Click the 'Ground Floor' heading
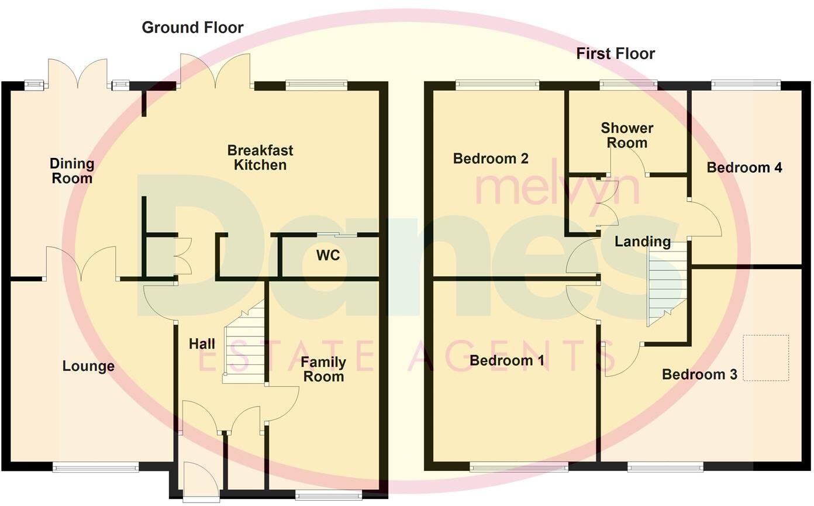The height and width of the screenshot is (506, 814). [x=192, y=27]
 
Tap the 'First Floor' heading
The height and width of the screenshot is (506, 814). [x=615, y=54]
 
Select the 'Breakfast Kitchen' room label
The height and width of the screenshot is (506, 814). [x=260, y=157]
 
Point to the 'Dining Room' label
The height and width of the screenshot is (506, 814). [x=72, y=171]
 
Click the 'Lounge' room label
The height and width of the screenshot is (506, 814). [x=88, y=367]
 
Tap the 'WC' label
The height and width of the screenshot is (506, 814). [x=327, y=256]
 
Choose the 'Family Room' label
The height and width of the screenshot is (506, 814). [x=323, y=370]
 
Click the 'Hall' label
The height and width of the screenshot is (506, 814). [x=202, y=345]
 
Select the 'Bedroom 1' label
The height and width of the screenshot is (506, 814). [x=506, y=361]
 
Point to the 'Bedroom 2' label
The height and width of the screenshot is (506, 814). [x=491, y=159]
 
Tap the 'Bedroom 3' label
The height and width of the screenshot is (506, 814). [x=699, y=374]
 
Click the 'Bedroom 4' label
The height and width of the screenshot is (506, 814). [x=744, y=168]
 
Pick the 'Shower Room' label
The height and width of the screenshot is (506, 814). [x=627, y=135]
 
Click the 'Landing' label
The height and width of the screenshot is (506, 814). [x=642, y=242]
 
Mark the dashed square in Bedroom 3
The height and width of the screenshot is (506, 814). [x=765, y=357]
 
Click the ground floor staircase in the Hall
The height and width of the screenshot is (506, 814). [x=244, y=345]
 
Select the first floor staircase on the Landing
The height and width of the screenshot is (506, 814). [x=665, y=284]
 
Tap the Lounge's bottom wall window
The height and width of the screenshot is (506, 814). [x=95, y=467]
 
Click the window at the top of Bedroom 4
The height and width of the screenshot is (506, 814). [x=746, y=85]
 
